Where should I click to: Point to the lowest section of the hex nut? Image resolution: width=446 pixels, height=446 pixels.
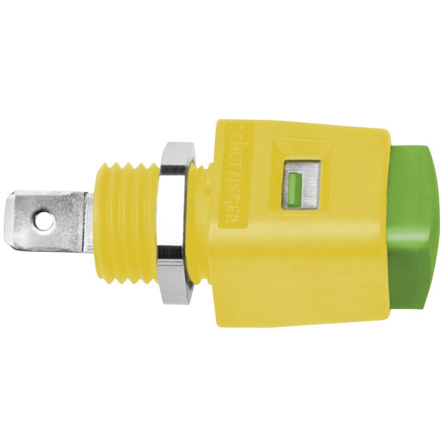(x=174, y=293)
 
